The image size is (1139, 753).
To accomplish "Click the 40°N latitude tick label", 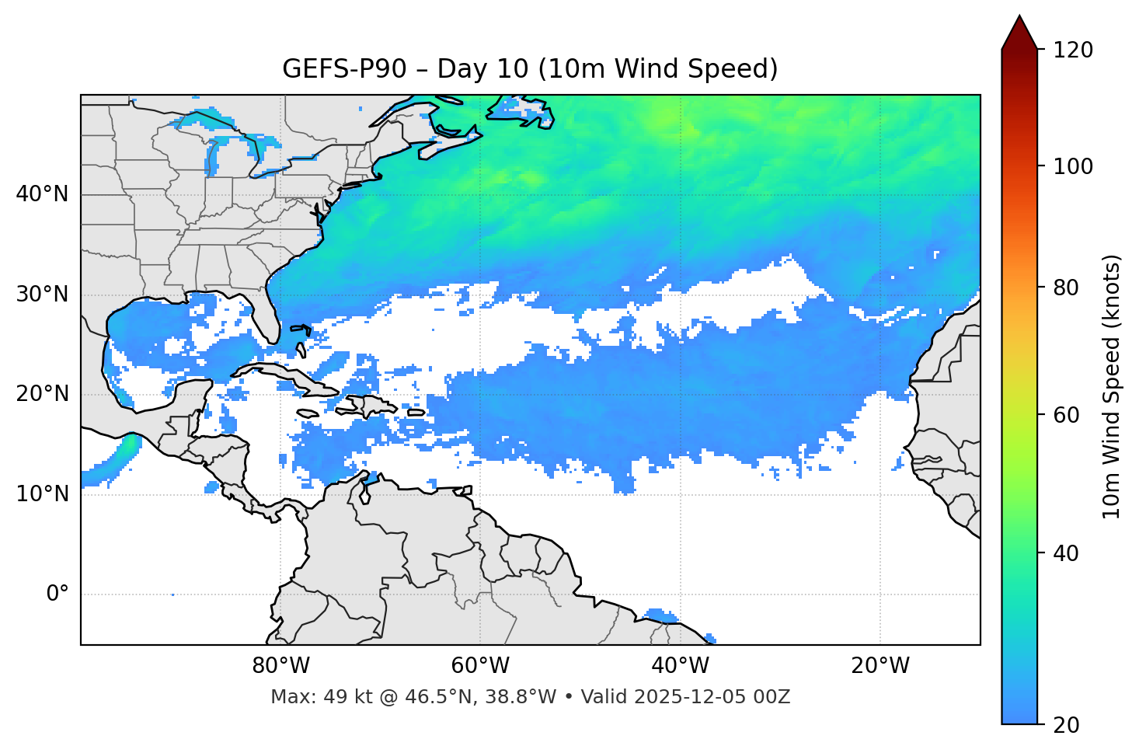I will click(42, 194).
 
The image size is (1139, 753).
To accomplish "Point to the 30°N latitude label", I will click(42, 295).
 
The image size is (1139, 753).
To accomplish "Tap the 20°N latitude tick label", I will click(42, 394).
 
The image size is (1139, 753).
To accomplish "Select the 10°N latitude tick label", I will click(42, 494).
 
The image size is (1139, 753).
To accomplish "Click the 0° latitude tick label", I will click(57, 594).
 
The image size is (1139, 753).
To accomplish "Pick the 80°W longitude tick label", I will click(280, 666).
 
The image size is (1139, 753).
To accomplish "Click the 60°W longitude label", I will click(480, 666).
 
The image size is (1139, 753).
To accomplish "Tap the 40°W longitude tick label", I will click(681, 666).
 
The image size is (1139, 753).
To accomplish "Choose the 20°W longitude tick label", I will click(880, 666).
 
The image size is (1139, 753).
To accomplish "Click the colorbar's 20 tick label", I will click(1065, 725).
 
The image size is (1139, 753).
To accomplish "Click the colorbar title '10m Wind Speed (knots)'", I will click(1112, 386).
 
